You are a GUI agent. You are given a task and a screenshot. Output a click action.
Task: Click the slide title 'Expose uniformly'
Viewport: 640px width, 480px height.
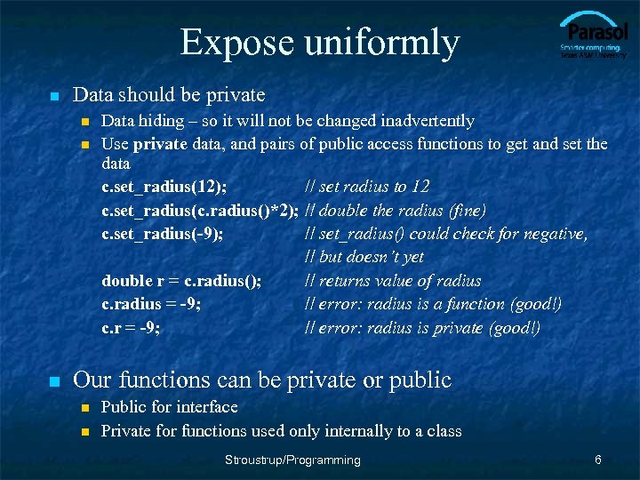(x=319, y=42)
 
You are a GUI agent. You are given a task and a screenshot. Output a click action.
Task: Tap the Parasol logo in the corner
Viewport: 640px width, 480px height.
(x=593, y=36)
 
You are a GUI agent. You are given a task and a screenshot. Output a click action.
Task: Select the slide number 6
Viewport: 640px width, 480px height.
(x=598, y=460)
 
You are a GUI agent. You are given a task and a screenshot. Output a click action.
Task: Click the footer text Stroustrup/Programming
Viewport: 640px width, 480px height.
(x=293, y=460)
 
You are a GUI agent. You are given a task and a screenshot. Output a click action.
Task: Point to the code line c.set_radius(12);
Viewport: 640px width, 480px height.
(x=164, y=187)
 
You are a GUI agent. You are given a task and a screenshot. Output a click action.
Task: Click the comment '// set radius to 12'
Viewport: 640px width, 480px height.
(x=367, y=187)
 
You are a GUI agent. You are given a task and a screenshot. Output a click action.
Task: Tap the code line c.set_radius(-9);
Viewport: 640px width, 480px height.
(x=162, y=234)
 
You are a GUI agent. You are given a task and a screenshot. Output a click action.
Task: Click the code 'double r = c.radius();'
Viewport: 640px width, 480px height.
(x=181, y=281)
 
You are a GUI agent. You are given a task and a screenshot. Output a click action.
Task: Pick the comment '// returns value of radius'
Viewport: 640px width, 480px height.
(x=393, y=281)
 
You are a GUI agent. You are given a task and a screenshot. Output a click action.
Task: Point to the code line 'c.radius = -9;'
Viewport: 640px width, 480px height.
(x=150, y=304)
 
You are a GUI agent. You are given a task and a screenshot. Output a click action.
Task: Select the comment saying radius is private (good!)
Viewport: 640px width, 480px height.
(x=422, y=328)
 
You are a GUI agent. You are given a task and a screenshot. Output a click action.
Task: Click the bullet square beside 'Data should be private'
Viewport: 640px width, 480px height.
(x=54, y=96)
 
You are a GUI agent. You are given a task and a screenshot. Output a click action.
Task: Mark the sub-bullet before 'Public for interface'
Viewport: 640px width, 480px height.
(x=85, y=408)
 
